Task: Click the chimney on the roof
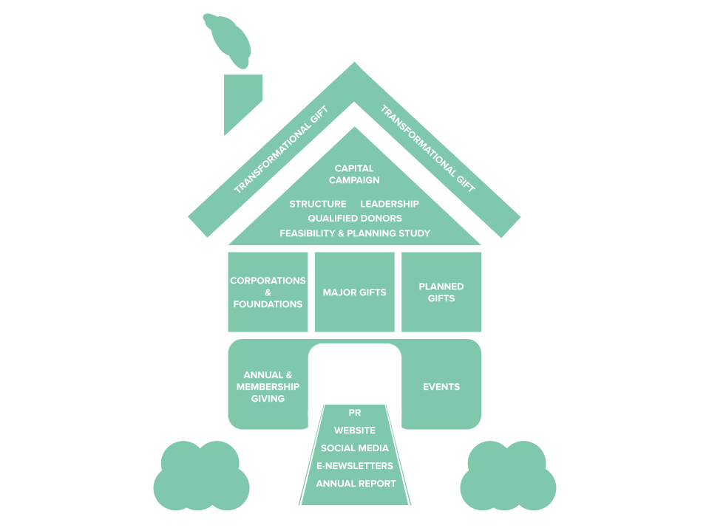point(242,100)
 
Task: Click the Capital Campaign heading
point(354,174)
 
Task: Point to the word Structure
point(318,204)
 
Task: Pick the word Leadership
point(390,204)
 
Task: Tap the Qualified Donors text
point(355,219)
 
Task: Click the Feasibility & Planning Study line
point(355,233)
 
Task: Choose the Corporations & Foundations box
point(268,292)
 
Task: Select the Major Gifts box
point(354,292)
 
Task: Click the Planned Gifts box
point(441,292)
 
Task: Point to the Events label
point(441,387)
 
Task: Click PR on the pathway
point(354,414)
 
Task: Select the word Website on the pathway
point(354,431)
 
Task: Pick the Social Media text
point(354,448)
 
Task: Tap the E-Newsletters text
point(354,466)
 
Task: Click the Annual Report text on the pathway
point(356,484)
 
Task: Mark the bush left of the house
point(200,477)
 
